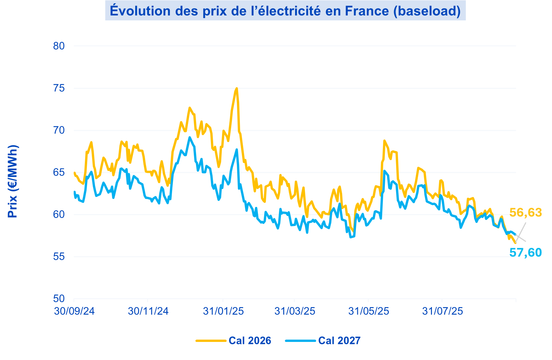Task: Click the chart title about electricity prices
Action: click(285, 11)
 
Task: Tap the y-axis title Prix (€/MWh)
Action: click(13, 181)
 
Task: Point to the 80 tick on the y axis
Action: click(59, 46)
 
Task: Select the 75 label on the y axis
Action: click(59, 88)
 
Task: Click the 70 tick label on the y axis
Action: click(59, 130)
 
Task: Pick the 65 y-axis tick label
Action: click(59, 172)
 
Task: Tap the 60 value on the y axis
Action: click(59, 214)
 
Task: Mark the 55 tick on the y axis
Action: click(59, 256)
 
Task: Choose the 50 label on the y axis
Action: click(59, 299)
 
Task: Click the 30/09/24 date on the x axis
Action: click(74, 311)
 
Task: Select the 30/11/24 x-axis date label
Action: click(148, 311)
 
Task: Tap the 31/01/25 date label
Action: click(223, 311)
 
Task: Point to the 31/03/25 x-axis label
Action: click(295, 311)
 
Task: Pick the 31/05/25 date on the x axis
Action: click(368, 311)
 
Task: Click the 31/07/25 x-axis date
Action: click(442, 311)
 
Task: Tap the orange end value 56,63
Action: click(525, 213)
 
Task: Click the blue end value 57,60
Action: click(525, 252)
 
